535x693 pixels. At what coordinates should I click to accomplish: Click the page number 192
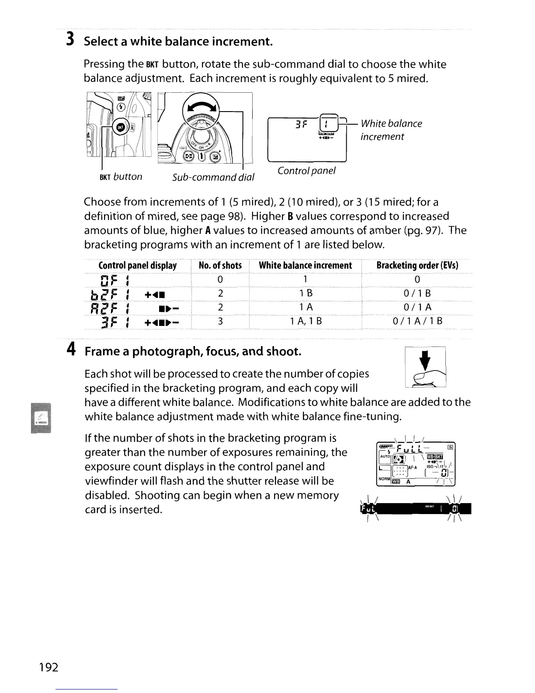coord(48,667)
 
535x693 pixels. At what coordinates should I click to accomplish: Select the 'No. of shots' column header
coord(220,266)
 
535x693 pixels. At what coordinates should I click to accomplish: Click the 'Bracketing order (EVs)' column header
coord(417,266)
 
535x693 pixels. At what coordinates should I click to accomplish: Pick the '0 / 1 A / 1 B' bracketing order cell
coord(417,322)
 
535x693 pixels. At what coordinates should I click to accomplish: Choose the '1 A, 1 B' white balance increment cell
coord(306,322)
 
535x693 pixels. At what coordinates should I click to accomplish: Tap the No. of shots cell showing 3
coord(220,322)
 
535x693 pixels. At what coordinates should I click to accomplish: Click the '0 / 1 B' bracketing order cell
coord(417,294)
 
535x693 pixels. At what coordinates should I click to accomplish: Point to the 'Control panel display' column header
coord(138,266)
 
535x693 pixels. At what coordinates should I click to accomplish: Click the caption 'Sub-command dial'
coord(213,177)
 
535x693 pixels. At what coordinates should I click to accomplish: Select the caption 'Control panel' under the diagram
coord(306,171)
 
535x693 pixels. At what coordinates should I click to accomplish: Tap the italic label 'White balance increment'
coord(391,130)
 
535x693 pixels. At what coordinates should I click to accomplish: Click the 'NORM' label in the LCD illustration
coord(384,479)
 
